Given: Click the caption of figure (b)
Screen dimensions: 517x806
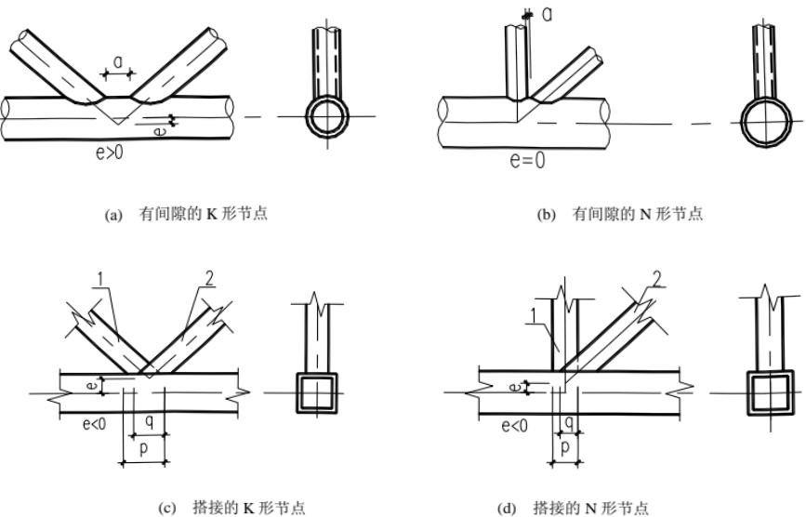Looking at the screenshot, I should [x=621, y=215].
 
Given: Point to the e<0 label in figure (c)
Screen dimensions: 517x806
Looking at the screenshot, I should [x=96, y=426].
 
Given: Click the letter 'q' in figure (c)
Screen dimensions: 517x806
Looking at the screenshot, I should [x=149, y=419].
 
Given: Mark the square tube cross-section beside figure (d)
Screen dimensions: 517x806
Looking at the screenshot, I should [x=770, y=391].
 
